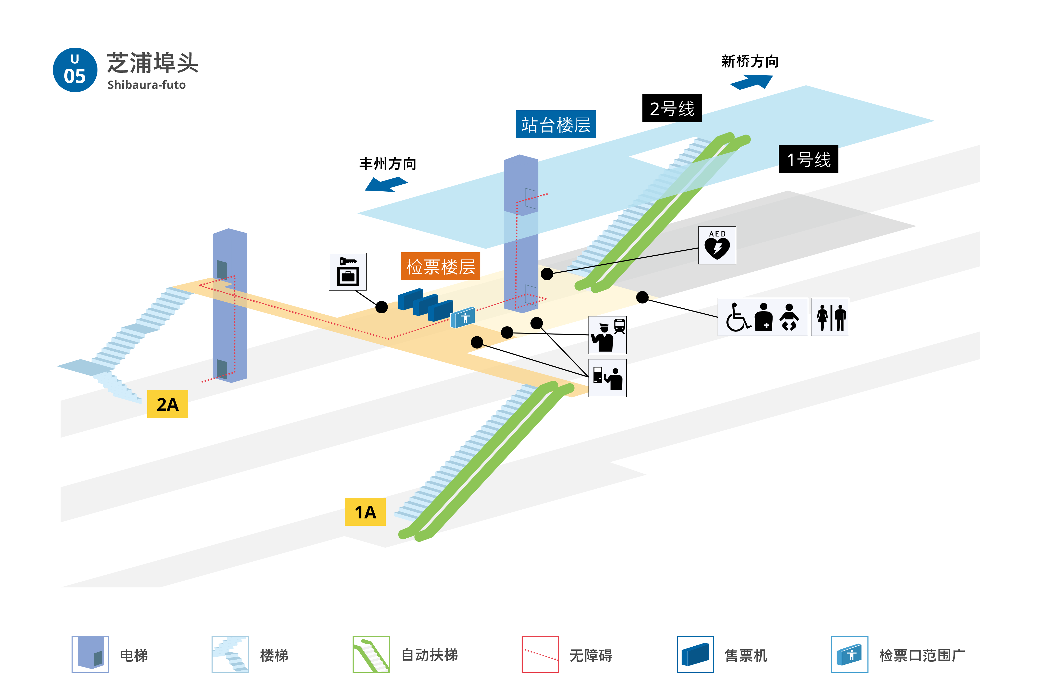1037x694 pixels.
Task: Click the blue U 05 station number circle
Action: (x=75, y=70)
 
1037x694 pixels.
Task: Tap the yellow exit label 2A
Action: (x=167, y=404)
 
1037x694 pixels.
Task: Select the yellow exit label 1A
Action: (x=365, y=512)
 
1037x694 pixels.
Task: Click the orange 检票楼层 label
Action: (x=440, y=266)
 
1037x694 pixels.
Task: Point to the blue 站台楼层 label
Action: (x=556, y=124)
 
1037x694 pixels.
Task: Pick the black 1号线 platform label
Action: (x=808, y=159)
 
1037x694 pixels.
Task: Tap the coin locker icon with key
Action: (x=347, y=272)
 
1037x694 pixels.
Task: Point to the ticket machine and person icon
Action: (x=607, y=378)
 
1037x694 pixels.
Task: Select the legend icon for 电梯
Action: (x=90, y=655)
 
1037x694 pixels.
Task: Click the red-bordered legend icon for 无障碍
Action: (x=540, y=655)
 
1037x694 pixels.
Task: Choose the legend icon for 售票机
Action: (x=695, y=655)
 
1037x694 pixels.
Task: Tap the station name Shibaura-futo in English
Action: (x=147, y=85)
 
